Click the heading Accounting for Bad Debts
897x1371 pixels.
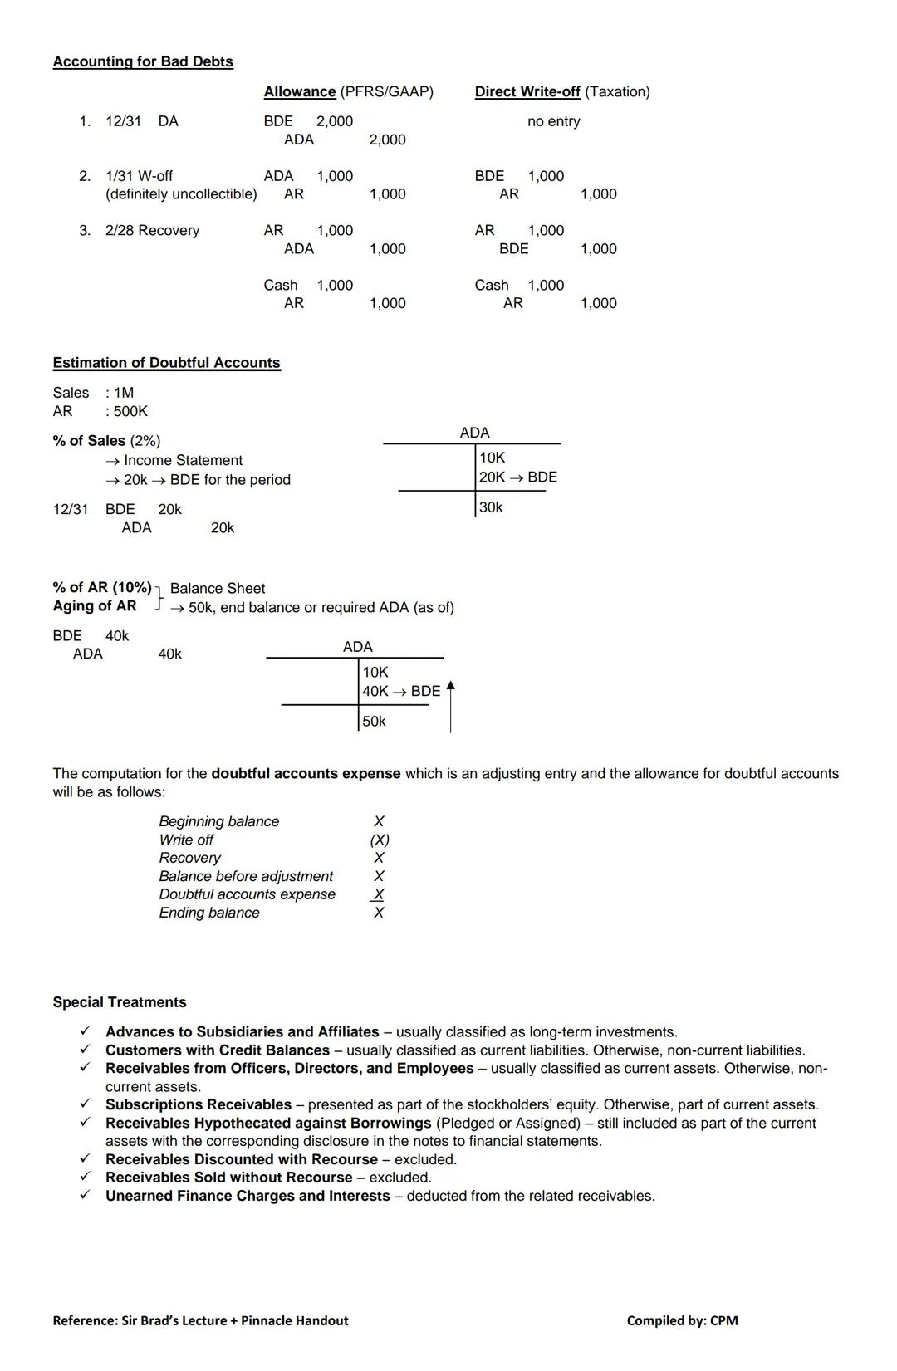tap(143, 61)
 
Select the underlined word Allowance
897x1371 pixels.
tap(300, 91)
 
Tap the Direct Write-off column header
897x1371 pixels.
tap(527, 91)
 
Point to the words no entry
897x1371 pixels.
tap(553, 121)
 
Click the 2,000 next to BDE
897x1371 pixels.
tap(335, 121)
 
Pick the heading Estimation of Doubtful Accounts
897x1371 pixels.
tap(166, 363)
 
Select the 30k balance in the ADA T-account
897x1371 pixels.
tap(491, 507)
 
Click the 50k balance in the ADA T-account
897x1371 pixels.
tap(374, 722)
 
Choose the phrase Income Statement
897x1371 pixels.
tap(183, 460)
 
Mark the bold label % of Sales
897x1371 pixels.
tap(89, 441)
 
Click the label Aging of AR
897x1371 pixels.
tap(95, 606)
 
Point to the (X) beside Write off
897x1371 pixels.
tap(380, 840)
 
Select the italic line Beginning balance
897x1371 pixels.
tap(219, 821)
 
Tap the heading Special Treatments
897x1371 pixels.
tap(120, 1002)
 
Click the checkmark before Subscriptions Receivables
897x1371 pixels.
tap(85, 1104)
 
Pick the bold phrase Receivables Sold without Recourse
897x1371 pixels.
tap(228, 1178)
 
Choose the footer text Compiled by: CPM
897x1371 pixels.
tap(682, 1320)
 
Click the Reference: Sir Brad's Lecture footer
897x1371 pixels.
tap(200, 1320)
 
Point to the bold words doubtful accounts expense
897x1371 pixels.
tap(306, 773)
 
